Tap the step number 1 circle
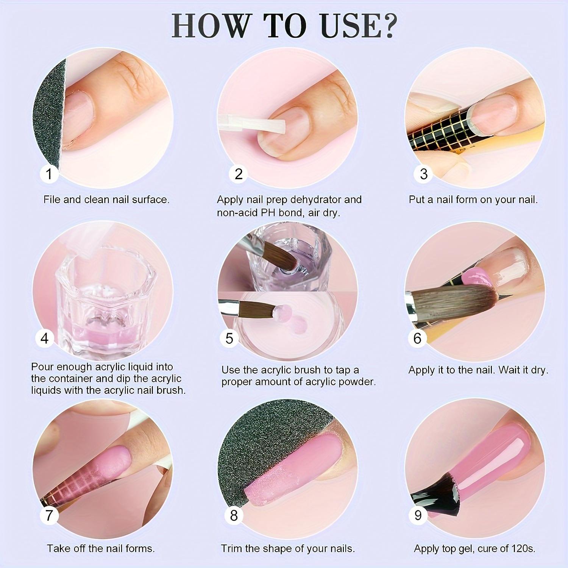pos(49,174)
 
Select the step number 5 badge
pos(229,338)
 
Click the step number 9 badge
pos(418,515)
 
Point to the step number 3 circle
pos(424,174)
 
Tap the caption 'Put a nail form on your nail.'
pos(473,200)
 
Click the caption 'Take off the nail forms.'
pos(101,548)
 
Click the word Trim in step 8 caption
pos(230,548)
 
